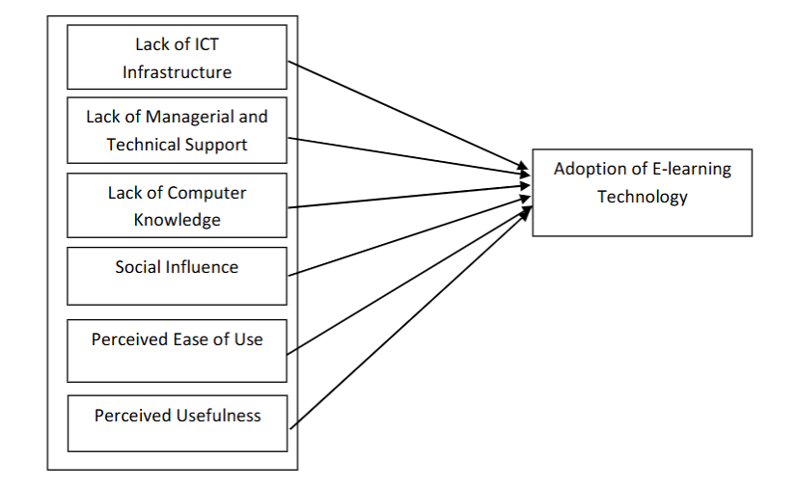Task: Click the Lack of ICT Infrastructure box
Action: pyautogui.click(x=177, y=57)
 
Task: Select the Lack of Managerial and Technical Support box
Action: pyautogui.click(x=177, y=130)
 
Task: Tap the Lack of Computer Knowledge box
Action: pyautogui.click(x=177, y=205)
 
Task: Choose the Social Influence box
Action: pyautogui.click(x=177, y=276)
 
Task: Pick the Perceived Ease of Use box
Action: pyautogui.click(x=177, y=350)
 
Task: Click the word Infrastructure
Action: pyautogui.click(x=177, y=71)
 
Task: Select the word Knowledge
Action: pyautogui.click(x=177, y=219)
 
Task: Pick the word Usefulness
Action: pyautogui.click(x=218, y=416)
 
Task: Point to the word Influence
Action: pyautogui.click(x=202, y=266)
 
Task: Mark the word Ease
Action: pyautogui.click(x=198, y=339)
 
